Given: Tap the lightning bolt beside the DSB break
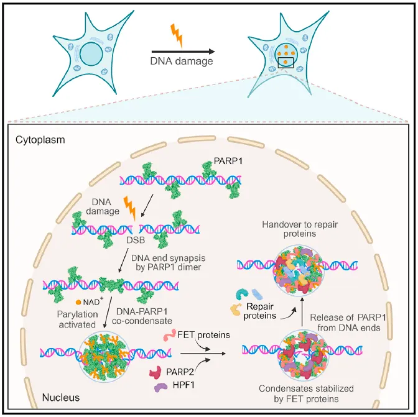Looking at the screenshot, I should pos(131,207).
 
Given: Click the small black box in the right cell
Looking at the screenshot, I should pos(286,62).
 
